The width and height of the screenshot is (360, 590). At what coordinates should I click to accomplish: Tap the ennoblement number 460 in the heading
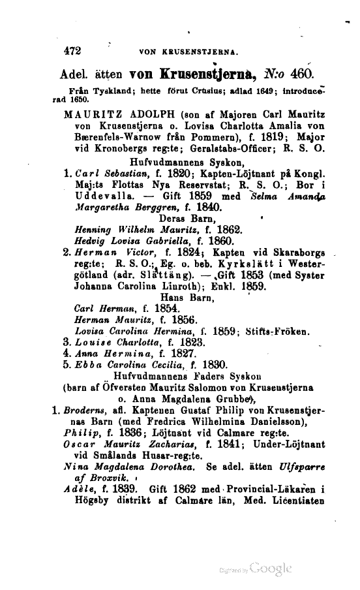(303, 72)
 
